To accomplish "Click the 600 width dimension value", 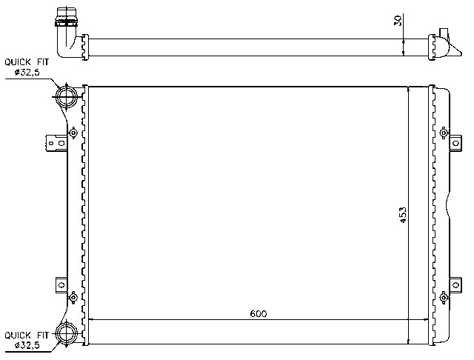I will tap(258, 314).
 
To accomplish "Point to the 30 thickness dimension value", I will tap(398, 21).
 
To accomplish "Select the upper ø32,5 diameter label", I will tap(26, 73).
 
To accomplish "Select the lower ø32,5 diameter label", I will tap(26, 346).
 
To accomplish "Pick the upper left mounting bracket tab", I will tap(53, 141).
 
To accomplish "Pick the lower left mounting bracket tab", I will tap(53, 285).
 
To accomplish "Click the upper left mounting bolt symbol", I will tap(73, 133).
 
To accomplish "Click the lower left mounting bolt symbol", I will tap(73, 297).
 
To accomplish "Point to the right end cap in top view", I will tap(443, 44).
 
